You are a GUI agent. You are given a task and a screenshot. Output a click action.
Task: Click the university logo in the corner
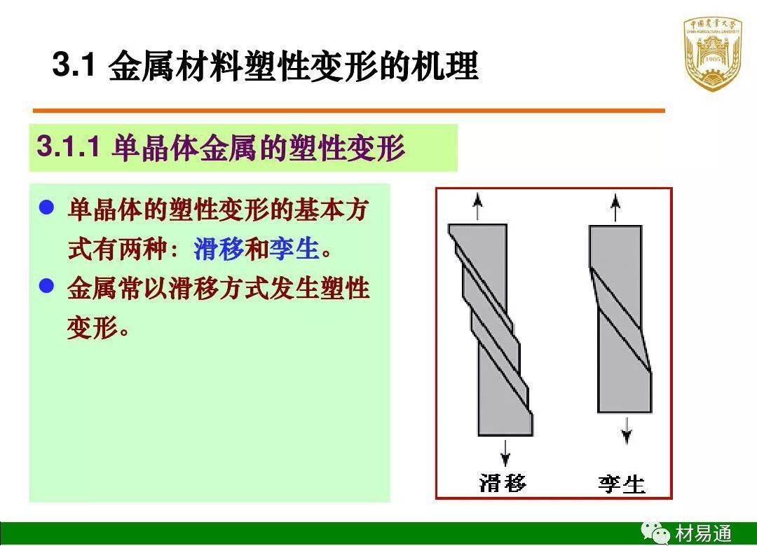tap(712, 54)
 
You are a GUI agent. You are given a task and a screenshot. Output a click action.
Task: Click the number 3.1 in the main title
tap(74, 64)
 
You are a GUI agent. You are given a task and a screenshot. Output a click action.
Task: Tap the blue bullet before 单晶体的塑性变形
tap(46, 208)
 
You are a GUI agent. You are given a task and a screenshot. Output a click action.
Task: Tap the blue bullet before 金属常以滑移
tap(46, 285)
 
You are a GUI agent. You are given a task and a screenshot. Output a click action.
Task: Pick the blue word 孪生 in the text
tap(294, 249)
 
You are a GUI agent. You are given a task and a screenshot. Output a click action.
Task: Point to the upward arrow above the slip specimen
tap(477, 206)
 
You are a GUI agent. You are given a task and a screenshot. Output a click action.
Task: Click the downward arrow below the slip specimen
tap(505, 453)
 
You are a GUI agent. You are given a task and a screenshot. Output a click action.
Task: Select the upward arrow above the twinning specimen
tap(615, 207)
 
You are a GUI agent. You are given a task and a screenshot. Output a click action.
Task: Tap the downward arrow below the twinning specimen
tap(626, 430)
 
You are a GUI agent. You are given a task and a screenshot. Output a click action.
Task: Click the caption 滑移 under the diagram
tap(503, 483)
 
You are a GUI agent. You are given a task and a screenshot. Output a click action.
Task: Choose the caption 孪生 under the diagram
tap(622, 484)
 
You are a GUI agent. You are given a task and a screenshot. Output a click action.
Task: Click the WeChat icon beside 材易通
tap(655, 533)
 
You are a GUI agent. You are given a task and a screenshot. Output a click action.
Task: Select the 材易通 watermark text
tap(704, 534)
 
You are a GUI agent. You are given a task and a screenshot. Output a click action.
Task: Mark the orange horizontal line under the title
tap(348, 111)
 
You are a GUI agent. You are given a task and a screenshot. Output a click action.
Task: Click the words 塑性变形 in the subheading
tap(346, 146)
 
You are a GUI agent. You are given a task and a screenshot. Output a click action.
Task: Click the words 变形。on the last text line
tap(98, 328)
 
